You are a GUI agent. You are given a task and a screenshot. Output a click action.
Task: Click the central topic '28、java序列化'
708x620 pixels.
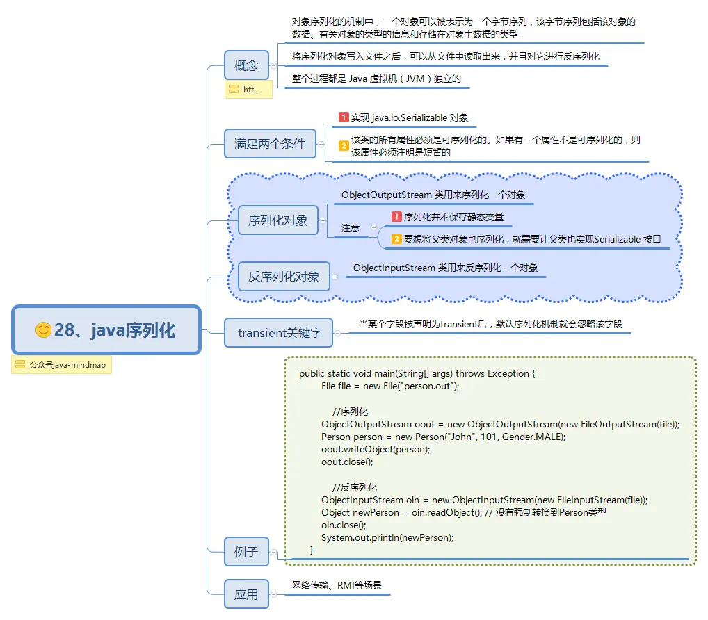106,330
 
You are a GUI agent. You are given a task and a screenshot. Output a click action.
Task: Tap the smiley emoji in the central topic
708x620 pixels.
44,330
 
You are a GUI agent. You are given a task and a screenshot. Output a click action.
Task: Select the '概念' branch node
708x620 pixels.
246,65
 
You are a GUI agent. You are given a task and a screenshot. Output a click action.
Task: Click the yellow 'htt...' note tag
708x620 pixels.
248,90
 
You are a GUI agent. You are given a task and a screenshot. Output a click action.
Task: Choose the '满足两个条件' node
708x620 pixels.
269,144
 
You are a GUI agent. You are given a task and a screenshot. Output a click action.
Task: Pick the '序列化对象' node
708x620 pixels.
277,220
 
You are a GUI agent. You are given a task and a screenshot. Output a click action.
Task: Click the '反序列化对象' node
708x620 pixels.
284,276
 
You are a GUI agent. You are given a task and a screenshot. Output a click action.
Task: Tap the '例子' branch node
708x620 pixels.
246,553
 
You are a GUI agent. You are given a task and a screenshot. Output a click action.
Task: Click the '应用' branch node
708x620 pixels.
246,594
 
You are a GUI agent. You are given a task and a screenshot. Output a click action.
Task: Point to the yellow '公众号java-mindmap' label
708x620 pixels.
61,365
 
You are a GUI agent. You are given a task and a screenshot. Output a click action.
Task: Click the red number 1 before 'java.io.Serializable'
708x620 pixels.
344,117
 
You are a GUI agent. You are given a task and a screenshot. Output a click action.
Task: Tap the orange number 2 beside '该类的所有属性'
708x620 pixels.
344,145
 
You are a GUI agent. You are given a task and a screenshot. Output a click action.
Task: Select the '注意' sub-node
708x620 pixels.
351,228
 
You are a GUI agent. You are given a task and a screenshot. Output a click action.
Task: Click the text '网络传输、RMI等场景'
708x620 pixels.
337,586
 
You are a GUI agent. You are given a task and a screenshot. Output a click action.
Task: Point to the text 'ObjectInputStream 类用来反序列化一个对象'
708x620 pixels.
445,268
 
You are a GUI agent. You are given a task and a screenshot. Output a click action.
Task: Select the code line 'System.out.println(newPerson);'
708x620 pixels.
387,537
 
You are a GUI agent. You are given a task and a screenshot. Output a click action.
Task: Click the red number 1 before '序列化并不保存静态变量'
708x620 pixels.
396,217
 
